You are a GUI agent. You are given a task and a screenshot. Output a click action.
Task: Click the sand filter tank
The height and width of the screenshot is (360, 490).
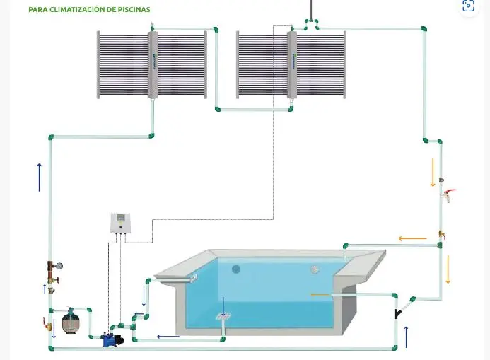click(72, 323)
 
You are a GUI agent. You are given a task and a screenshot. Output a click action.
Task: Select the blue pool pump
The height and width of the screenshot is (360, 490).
click(112, 339)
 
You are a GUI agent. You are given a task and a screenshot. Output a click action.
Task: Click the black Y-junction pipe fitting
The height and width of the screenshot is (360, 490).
click(400, 309)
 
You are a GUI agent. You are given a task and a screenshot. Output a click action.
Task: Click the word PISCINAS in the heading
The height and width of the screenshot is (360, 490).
click(133, 11)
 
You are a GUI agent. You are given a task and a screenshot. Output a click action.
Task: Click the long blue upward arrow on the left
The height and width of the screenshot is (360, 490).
click(39, 177)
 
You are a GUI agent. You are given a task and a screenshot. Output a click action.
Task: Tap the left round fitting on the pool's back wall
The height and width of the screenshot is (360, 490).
click(236, 269)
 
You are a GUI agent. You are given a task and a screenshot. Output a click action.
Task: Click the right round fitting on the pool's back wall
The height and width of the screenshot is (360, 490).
click(315, 269)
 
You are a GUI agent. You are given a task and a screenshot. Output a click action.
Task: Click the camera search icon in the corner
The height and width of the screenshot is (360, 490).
click(468, 6)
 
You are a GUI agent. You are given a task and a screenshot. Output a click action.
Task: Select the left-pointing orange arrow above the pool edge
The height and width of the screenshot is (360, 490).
click(412, 238)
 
